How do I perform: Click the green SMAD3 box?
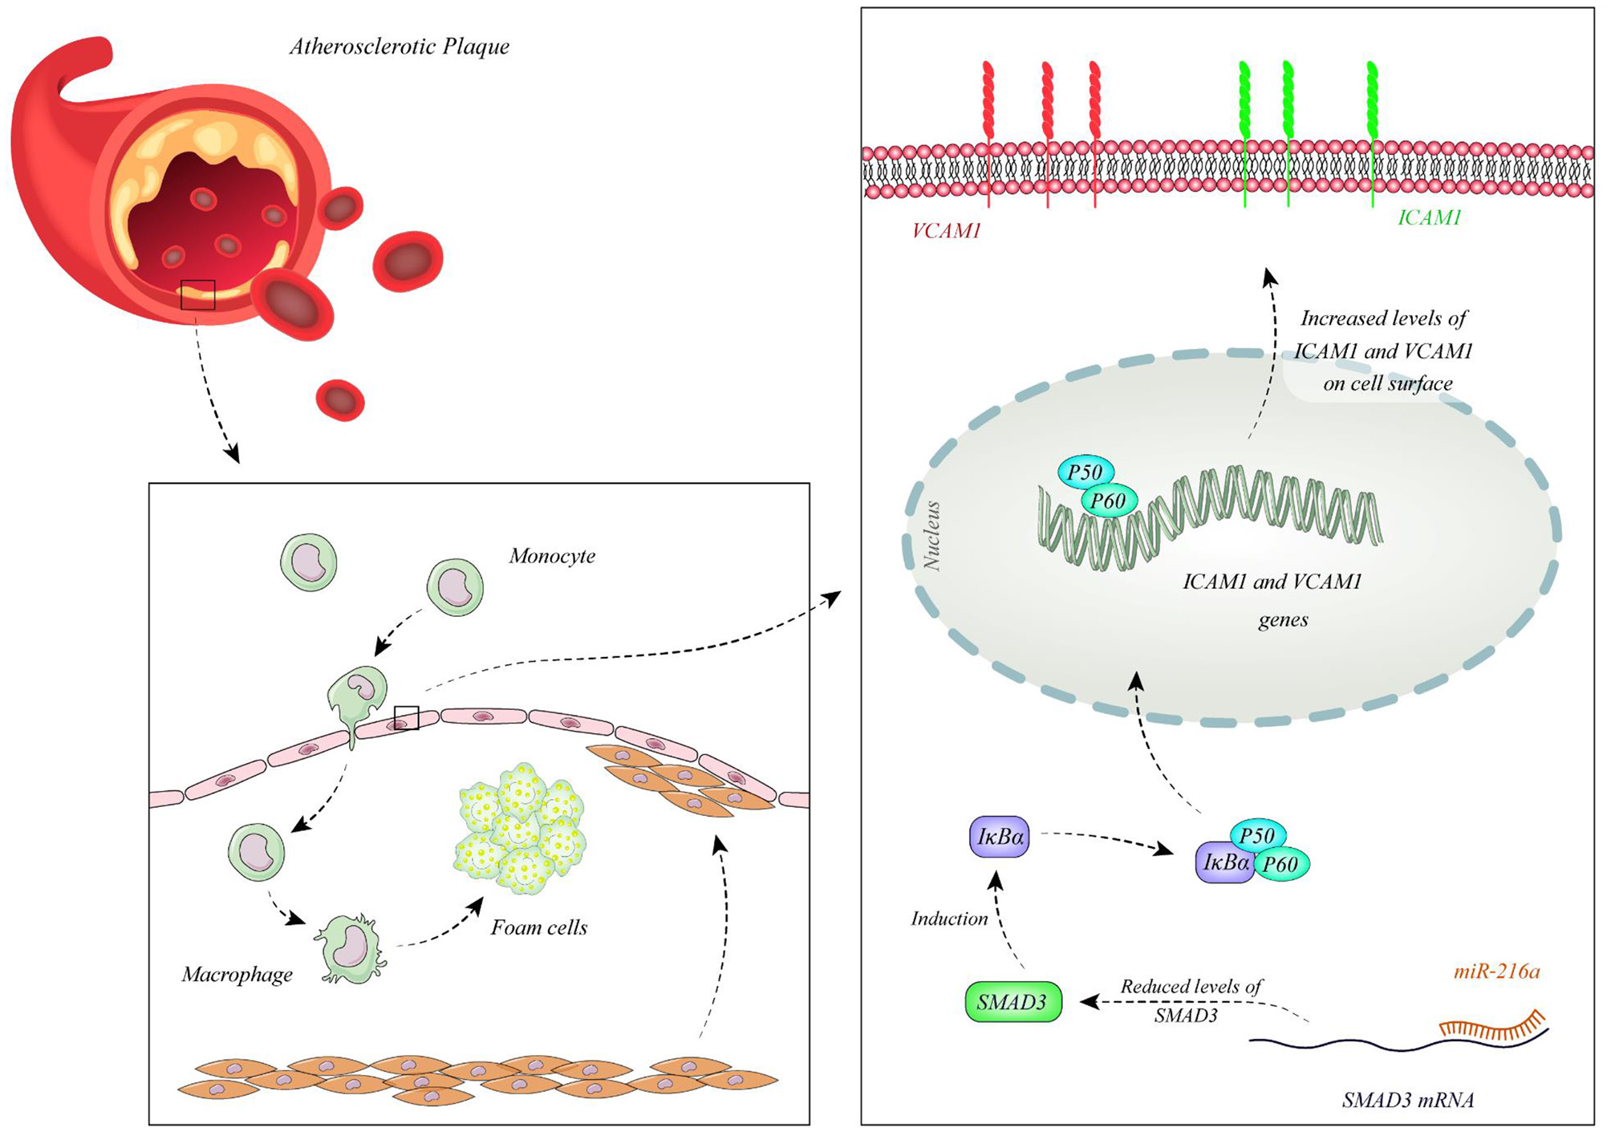coord(1012,1002)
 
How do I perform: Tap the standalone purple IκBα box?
coord(1000,838)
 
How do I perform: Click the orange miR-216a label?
coord(1497,972)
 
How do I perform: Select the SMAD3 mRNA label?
coord(1408,1100)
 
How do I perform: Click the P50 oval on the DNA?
coord(1085,473)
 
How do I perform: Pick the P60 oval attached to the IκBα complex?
coord(1280,865)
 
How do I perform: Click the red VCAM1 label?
coord(947,232)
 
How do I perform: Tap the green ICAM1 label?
coord(1429,217)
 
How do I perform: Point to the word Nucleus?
coord(932,536)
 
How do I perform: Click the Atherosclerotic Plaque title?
coord(400,47)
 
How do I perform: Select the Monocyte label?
coord(552,556)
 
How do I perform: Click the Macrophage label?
coord(237,975)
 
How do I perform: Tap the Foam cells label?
coord(539,928)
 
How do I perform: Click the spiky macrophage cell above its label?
coord(351,949)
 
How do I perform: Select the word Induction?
coord(949,919)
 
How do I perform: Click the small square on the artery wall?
coord(198,294)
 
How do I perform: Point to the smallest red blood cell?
coord(340,400)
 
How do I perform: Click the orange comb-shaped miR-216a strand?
coord(1492,1027)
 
